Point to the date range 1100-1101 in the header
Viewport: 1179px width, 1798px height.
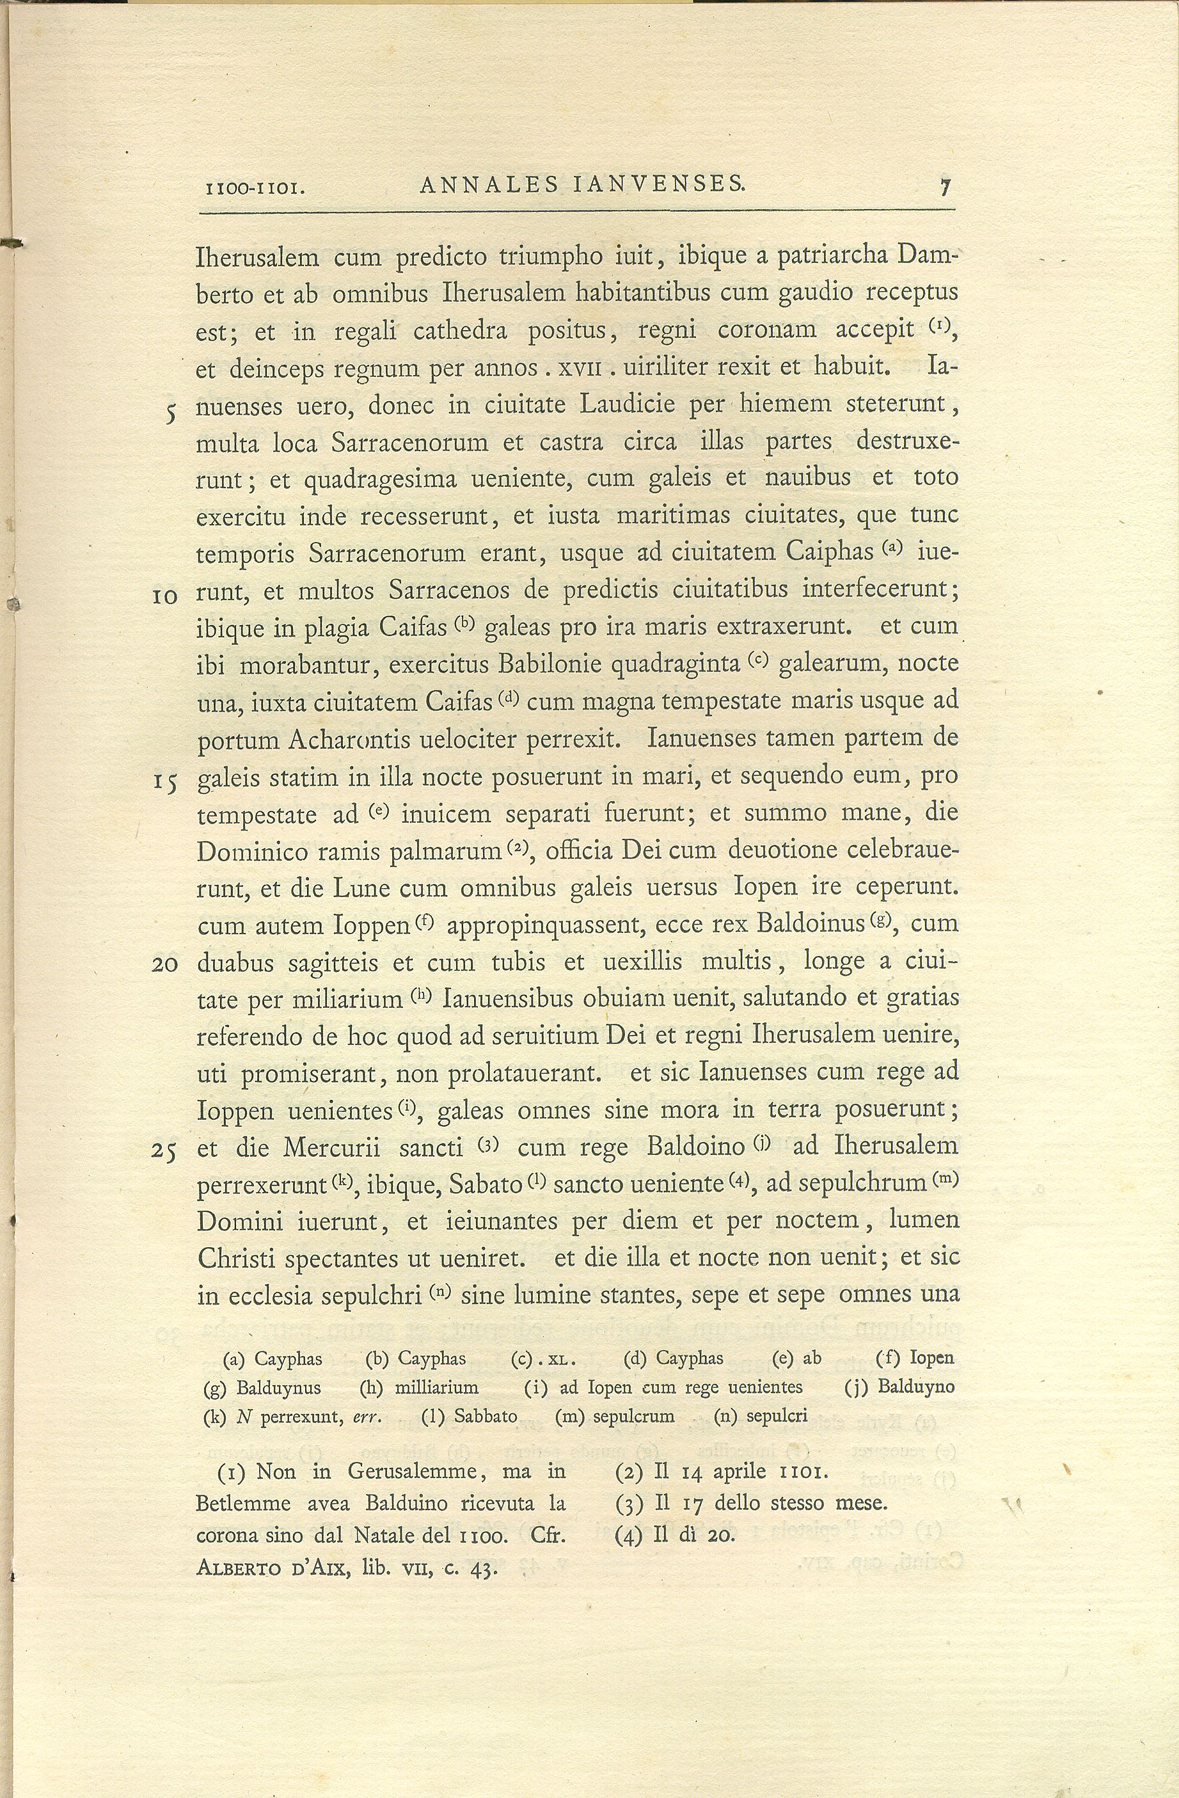pos(255,187)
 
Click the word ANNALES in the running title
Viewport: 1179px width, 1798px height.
pos(489,184)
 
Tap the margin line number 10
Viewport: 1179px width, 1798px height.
pos(164,597)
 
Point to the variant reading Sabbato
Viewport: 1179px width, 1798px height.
pos(486,1417)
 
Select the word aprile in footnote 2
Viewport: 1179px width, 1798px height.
pos(740,1472)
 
